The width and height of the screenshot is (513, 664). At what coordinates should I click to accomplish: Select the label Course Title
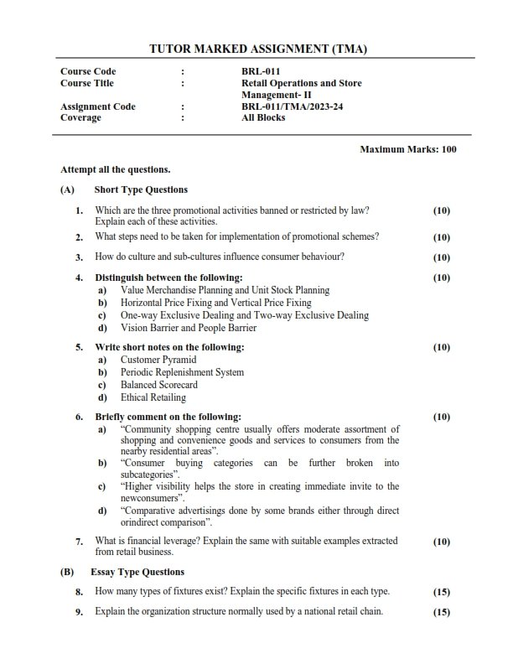pyautogui.click(x=87, y=83)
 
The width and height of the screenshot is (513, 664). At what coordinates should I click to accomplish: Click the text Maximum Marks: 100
pyautogui.click(x=408, y=149)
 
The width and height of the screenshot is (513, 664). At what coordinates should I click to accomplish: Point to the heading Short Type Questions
pyautogui.click(x=141, y=189)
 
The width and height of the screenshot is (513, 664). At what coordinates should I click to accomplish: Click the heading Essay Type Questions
pyautogui.click(x=137, y=572)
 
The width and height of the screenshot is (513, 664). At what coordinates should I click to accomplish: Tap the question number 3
pyautogui.click(x=79, y=257)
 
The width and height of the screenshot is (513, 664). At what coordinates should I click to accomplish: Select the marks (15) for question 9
pyautogui.click(x=441, y=612)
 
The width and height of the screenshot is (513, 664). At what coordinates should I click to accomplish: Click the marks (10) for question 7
pyautogui.click(x=441, y=542)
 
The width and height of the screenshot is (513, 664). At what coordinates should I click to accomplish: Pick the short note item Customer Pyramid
pyautogui.click(x=158, y=360)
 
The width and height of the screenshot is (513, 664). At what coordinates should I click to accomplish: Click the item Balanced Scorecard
pyautogui.click(x=159, y=385)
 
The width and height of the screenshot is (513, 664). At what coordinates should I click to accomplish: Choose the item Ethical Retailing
pyautogui.click(x=153, y=397)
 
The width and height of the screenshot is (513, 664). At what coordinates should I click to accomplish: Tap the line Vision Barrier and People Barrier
pyautogui.click(x=189, y=328)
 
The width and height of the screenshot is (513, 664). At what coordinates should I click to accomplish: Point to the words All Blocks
pyautogui.click(x=263, y=117)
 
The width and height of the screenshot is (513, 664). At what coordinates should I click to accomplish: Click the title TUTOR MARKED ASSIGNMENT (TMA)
pyautogui.click(x=257, y=49)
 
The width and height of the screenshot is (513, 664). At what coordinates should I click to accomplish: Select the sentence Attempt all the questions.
pyautogui.click(x=116, y=169)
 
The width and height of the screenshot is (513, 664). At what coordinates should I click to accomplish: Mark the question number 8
pyautogui.click(x=79, y=592)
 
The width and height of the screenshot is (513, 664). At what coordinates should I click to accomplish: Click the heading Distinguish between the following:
pyautogui.click(x=168, y=278)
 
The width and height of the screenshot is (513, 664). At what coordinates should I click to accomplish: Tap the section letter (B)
pyautogui.click(x=67, y=572)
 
